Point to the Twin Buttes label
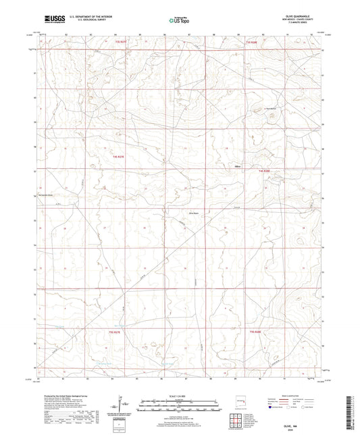(272, 109)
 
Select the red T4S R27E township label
(119, 157)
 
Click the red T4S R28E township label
(265, 172)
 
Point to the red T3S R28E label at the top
(251, 43)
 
